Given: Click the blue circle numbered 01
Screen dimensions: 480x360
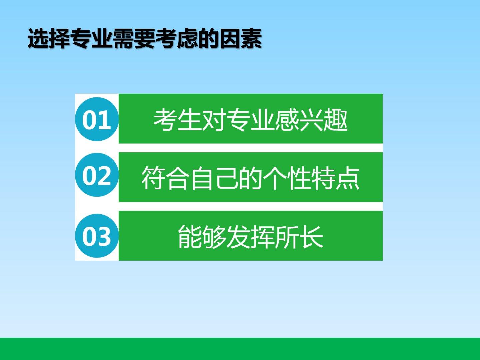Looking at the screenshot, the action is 97,119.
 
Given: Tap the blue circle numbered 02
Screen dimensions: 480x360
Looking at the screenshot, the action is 97,175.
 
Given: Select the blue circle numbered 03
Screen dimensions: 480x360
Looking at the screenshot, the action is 97,236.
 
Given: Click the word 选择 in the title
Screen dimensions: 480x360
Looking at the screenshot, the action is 49,38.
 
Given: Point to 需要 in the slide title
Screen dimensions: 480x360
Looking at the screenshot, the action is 134,38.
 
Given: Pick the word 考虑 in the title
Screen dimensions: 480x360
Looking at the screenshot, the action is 177,38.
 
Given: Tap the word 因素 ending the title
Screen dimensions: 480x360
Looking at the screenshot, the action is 241,38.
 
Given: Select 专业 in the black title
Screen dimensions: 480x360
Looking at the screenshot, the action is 92,38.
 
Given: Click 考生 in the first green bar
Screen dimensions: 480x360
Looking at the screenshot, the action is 178,120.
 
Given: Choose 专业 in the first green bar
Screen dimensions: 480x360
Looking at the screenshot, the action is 251,120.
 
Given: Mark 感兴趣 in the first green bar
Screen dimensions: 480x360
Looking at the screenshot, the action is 311,120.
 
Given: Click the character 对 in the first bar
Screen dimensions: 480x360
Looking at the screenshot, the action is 214,120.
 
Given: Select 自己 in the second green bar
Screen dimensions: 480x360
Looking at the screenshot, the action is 214,178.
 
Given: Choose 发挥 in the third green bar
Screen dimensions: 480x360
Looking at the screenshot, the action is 251,237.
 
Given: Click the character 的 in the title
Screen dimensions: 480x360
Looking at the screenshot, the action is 209,38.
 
